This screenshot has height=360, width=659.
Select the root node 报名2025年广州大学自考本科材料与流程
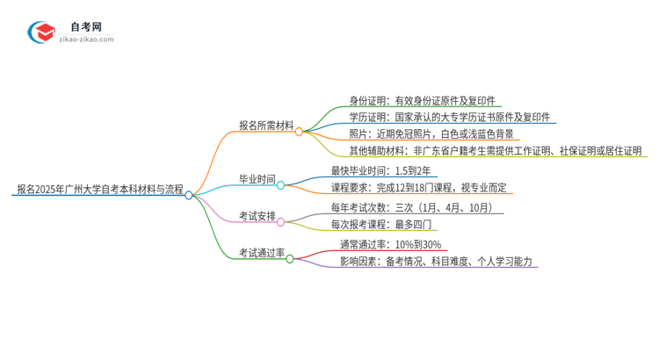click(x=99, y=189)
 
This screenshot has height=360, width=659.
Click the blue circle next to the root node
click(x=188, y=195)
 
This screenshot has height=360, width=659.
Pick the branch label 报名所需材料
click(x=266, y=126)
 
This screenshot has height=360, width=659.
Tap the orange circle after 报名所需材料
click(x=299, y=132)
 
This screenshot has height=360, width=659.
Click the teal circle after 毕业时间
click(x=281, y=185)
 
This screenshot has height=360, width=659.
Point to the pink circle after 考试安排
click(x=281, y=222)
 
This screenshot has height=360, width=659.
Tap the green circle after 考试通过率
click(x=289, y=259)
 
